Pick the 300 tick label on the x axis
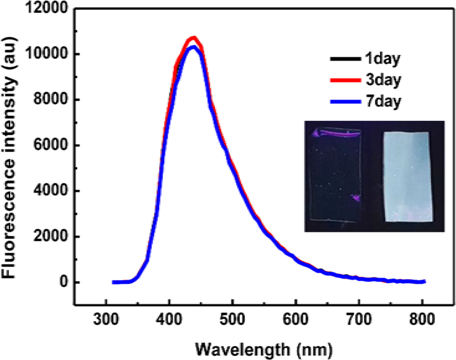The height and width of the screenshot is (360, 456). click(x=106, y=322)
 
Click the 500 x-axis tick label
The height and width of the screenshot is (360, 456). click(x=233, y=322)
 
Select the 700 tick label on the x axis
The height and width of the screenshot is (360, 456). click(x=359, y=322)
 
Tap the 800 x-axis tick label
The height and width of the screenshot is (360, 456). click(x=422, y=322)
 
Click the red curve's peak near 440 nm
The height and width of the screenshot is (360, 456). click(x=194, y=38)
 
